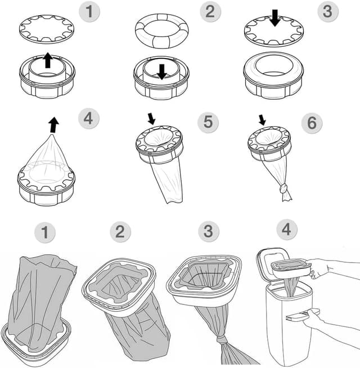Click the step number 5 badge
click(208, 123)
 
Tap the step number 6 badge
click(312, 123)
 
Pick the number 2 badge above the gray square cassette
click(120, 232)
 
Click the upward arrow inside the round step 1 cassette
click(48, 60)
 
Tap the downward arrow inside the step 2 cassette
click(161, 71)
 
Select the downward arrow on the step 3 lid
click(274, 19)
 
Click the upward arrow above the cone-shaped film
click(53, 124)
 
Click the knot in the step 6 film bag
click(284, 189)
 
